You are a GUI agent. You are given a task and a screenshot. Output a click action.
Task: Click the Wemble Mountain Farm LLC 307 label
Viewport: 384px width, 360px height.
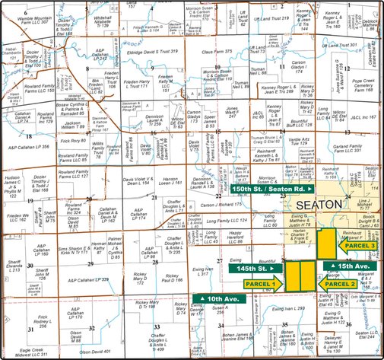(x=25, y=18)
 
